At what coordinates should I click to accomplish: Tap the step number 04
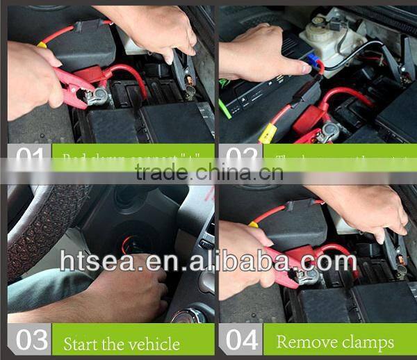tap(240, 340)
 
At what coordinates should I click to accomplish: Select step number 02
tap(240, 158)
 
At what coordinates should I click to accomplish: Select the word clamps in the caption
tap(367, 343)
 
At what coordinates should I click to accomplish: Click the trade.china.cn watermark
tap(208, 173)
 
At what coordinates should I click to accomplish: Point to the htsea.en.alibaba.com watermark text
tap(208, 261)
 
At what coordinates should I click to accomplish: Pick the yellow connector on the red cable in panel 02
tap(265, 133)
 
